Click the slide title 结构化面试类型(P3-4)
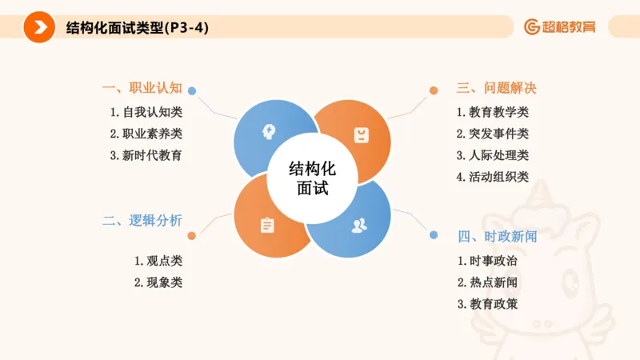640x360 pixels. click(x=138, y=27)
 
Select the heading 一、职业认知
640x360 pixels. click(x=142, y=88)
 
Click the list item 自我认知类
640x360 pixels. click(x=147, y=113)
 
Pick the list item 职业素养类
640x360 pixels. click(x=147, y=134)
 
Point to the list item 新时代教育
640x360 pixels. click(x=147, y=155)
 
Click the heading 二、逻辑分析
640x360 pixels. click(x=142, y=221)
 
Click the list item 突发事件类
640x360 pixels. click(x=493, y=134)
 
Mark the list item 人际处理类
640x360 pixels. click(x=493, y=155)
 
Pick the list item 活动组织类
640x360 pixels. click(x=493, y=177)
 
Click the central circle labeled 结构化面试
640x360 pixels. click(x=312, y=179)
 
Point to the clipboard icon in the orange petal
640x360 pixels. click(x=266, y=225)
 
